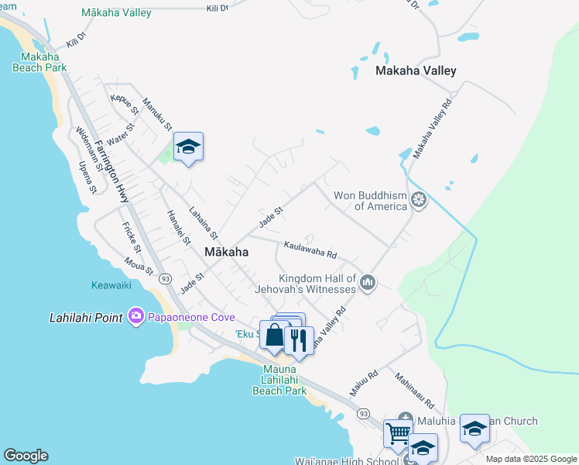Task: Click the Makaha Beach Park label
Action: click(39, 62)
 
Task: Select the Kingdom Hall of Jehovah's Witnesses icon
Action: click(368, 284)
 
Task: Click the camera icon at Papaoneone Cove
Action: click(137, 315)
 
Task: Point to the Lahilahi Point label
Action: click(87, 317)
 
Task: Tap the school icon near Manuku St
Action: click(188, 147)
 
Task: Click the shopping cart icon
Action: click(398, 434)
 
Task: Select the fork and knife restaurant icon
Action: click(298, 339)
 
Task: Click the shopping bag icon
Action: click(275, 336)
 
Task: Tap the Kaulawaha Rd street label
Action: click(310, 250)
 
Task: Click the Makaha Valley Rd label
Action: click(432, 129)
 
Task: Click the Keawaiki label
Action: click(111, 285)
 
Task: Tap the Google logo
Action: click(26, 456)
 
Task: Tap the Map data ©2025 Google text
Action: click(531, 459)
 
